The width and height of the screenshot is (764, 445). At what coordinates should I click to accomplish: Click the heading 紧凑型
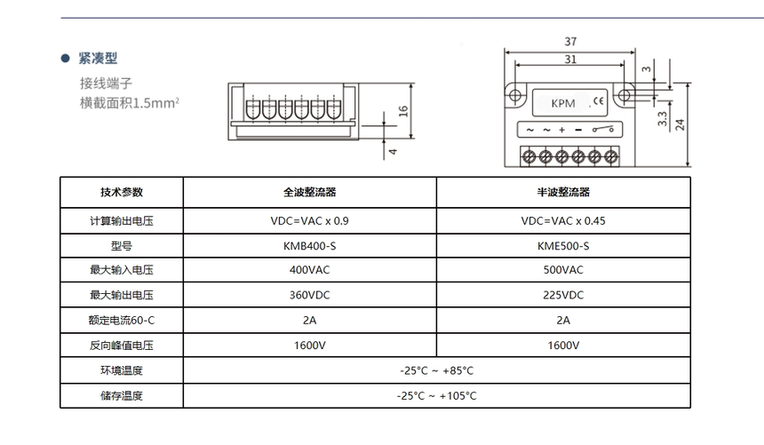point(98,59)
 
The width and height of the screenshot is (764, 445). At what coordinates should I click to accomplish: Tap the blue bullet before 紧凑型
point(65,59)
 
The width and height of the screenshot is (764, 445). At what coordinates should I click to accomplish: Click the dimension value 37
point(570,42)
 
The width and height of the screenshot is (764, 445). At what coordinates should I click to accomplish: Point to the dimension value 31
point(570,60)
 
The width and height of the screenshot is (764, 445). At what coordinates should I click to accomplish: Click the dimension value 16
point(402,110)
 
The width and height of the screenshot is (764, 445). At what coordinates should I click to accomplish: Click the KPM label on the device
point(563,103)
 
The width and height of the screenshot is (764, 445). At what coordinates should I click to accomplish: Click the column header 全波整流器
point(309,192)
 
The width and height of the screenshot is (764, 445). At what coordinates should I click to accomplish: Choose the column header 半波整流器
point(563,192)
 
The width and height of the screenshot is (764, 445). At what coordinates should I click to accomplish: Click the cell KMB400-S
point(309,245)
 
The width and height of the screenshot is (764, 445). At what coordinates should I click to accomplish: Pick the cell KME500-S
point(563,245)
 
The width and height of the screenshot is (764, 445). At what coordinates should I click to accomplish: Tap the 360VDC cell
point(309,295)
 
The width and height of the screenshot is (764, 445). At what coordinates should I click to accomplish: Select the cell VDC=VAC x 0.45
point(563,220)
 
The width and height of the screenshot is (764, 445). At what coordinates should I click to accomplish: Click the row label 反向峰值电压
point(122,345)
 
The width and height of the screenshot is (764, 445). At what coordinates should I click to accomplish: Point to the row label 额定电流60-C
point(122,320)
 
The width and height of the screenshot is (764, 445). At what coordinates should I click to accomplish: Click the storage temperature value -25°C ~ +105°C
point(436,396)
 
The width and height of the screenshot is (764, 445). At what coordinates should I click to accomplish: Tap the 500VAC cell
point(563,270)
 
